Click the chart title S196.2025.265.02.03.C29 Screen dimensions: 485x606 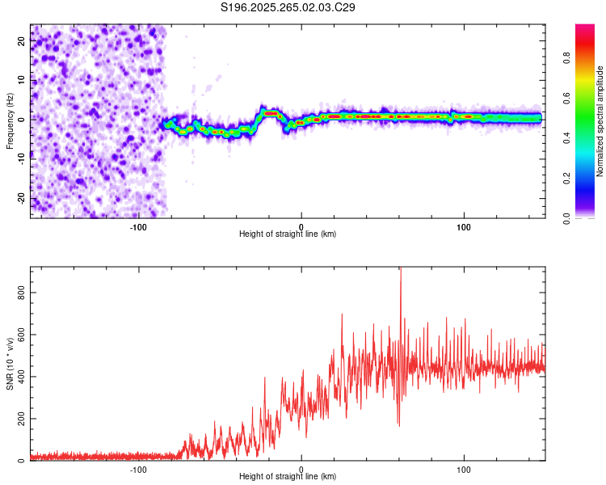(x=288, y=7)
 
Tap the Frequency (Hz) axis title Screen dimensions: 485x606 (x=10, y=121)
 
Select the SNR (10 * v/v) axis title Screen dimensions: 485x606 (x=10, y=363)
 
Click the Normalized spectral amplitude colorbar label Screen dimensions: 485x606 (x=600, y=121)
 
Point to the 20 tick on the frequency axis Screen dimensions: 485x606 (x=22, y=43)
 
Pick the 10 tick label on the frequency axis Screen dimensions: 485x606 (x=22, y=82)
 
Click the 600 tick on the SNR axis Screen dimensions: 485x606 (x=22, y=334)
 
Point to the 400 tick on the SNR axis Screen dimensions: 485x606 (x=22, y=376)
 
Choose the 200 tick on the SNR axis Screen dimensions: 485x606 (x=22, y=418)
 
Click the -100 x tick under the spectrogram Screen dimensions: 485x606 (x=138, y=227)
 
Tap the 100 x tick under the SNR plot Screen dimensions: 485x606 (x=464, y=470)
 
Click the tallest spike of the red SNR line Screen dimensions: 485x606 (x=400, y=269)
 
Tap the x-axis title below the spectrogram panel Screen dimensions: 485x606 (x=288, y=234)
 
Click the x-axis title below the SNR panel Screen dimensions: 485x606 (x=288, y=477)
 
